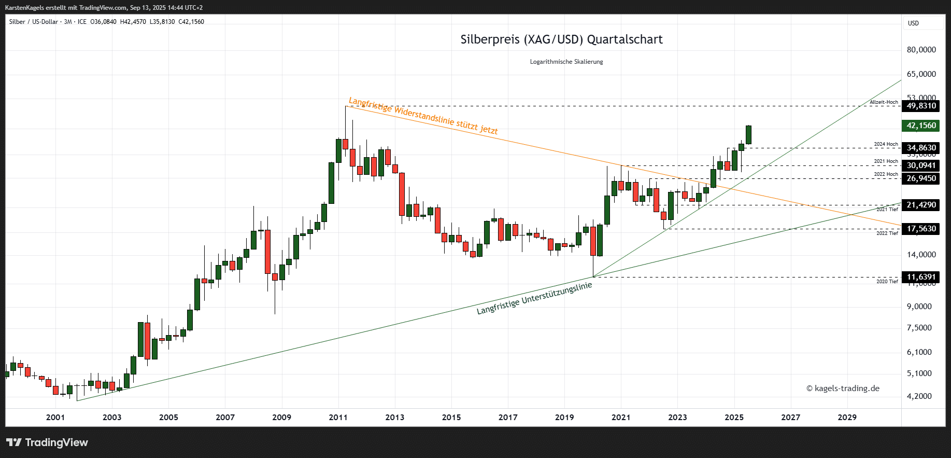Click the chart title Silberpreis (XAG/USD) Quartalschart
tap(561, 39)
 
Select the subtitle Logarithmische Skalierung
tap(566, 62)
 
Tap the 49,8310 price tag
tap(921, 106)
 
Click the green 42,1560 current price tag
tap(921, 126)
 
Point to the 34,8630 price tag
tap(921, 148)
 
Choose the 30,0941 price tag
tap(921, 165)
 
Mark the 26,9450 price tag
tap(921, 178)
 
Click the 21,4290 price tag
tap(921, 205)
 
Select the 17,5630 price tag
tap(921, 229)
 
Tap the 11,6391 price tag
tap(921, 277)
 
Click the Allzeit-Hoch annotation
tap(884, 102)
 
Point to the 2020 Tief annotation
tap(887, 282)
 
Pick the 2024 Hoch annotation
tap(886, 144)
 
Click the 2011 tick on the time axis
tap(338, 417)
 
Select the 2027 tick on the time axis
tap(790, 417)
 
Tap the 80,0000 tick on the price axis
tap(921, 50)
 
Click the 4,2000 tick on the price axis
tap(919, 396)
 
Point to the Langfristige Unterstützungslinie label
tap(534, 299)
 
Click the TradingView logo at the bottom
tap(47, 442)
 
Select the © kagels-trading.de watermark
tap(843, 388)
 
